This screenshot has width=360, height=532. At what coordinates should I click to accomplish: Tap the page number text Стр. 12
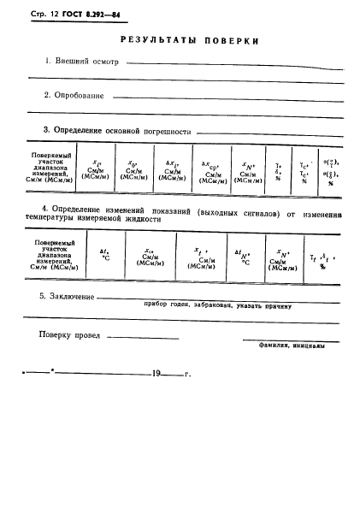(33, 15)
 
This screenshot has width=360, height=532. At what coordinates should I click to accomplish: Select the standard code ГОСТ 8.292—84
(85, 15)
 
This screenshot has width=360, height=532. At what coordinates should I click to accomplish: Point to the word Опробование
(80, 96)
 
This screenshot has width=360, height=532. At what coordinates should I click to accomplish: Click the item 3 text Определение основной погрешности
(122, 131)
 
